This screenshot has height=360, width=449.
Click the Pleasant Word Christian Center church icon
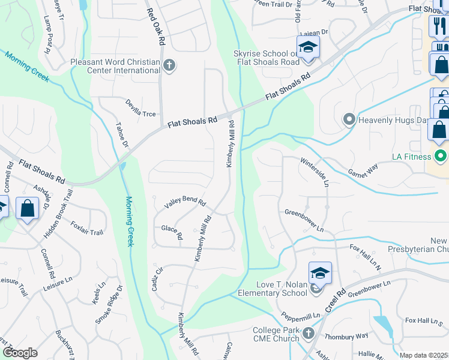(x=169, y=65)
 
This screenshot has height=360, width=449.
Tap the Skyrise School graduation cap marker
(x=308, y=47)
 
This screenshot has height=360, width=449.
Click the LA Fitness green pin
(x=441, y=157)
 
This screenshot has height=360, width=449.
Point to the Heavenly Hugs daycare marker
(x=349, y=120)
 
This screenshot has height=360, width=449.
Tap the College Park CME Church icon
(x=308, y=333)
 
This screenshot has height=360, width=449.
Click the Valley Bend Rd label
(x=185, y=203)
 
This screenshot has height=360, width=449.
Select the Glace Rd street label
(x=172, y=230)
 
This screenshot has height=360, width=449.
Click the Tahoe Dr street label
(x=122, y=134)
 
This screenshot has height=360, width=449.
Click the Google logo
(x=20, y=353)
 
